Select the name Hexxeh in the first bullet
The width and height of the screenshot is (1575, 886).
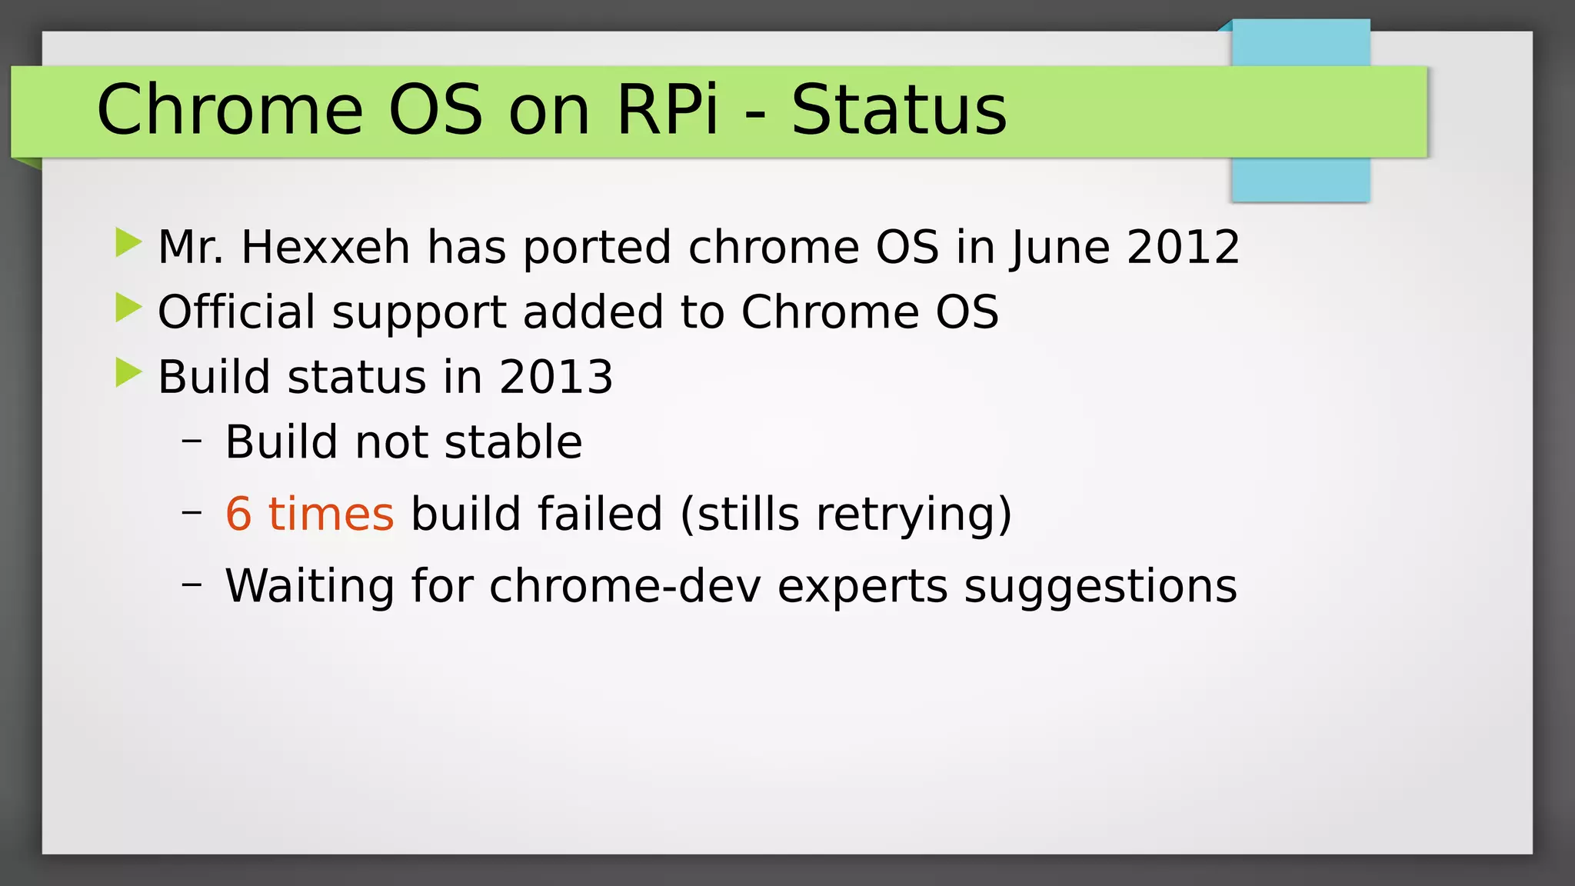[x=325, y=247]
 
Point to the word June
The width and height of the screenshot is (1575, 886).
[x=1060, y=247]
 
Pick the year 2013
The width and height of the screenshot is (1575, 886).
[x=556, y=377]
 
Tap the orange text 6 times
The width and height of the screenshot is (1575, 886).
[x=309, y=514]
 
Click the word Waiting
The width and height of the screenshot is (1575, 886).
[x=309, y=586]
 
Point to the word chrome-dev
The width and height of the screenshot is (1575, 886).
[x=624, y=586]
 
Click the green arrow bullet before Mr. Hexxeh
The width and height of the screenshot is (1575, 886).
[x=128, y=243]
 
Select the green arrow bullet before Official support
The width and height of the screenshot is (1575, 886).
[x=128, y=308]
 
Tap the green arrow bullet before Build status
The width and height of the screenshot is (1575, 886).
[x=128, y=373]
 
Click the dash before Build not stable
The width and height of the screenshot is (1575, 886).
[x=191, y=441]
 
